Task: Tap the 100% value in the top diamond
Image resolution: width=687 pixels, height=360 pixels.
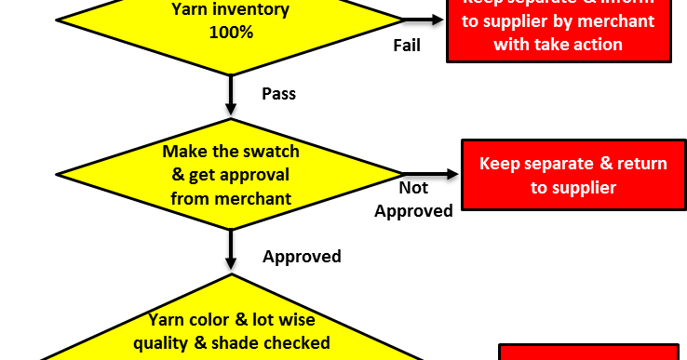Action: [231, 32]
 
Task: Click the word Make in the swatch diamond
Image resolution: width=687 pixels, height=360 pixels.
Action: [182, 151]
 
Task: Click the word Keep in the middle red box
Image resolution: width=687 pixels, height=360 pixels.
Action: [500, 164]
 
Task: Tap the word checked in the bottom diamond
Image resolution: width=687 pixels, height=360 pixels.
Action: [298, 342]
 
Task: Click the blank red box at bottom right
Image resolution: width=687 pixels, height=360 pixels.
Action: [588, 353]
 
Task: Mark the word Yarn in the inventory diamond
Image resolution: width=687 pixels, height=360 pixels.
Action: [191, 10]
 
